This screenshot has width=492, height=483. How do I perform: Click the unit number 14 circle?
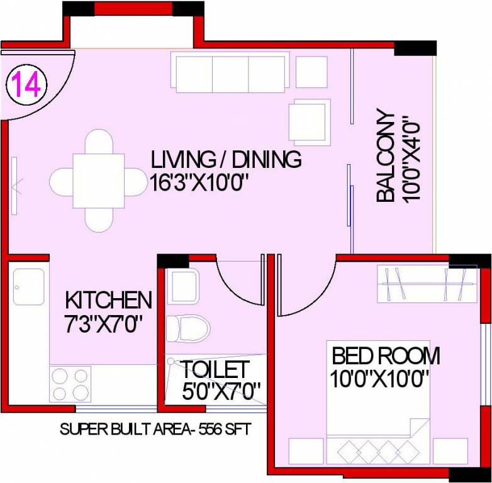(x=25, y=84)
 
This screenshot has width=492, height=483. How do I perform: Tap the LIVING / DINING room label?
(x=226, y=160)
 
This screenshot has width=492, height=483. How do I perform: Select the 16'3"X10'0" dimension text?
(x=200, y=183)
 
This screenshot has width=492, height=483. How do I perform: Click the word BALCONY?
(x=386, y=158)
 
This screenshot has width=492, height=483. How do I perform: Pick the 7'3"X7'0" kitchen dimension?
(x=104, y=325)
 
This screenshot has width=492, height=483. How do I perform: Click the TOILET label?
(x=216, y=369)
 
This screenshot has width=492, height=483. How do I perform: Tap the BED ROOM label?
(x=386, y=356)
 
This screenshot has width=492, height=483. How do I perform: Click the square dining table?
(x=97, y=180)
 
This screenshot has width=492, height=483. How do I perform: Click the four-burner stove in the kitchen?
(x=70, y=384)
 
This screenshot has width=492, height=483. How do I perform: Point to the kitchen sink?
(x=28, y=287)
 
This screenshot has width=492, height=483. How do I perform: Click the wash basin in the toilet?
(x=183, y=287)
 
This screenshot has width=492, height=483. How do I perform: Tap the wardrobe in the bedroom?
(x=428, y=283)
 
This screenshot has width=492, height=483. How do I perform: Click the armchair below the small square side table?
(x=308, y=121)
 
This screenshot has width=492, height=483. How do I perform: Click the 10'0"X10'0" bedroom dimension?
(x=379, y=379)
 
